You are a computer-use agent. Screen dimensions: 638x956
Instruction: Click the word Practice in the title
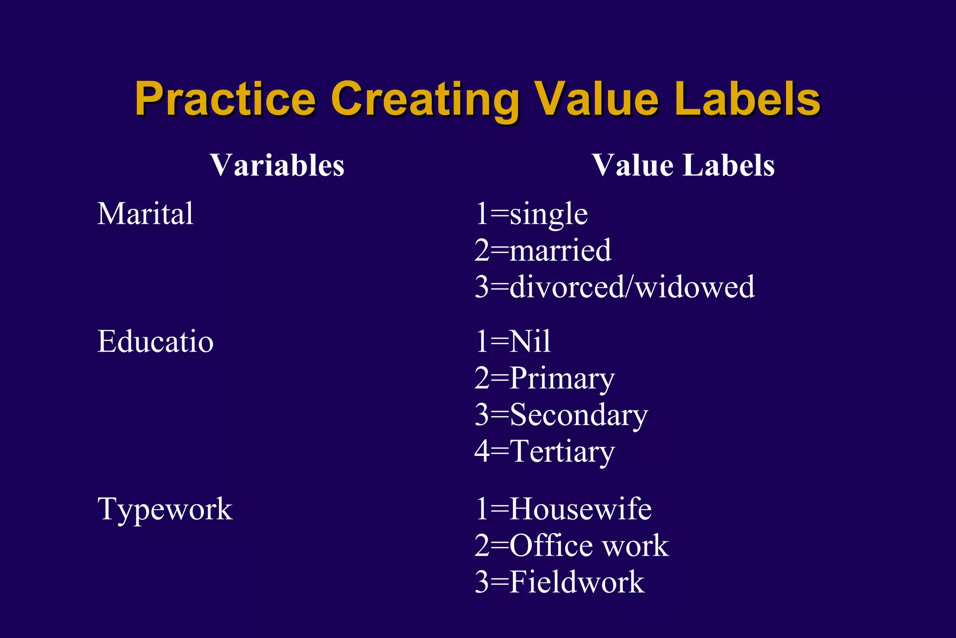[225, 99]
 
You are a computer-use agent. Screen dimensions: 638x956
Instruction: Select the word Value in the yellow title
[597, 99]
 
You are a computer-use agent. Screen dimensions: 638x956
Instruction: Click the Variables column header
[277, 165]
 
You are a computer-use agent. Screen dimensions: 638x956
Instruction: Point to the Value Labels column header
[683, 165]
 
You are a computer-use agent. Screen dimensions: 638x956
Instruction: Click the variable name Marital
[145, 214]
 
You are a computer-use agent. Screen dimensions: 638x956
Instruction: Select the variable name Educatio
[155, 341]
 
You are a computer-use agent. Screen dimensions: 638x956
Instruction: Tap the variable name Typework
[165, 509]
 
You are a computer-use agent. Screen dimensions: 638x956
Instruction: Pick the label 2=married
[543, 250]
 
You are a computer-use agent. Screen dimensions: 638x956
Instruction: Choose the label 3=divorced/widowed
[614, 287]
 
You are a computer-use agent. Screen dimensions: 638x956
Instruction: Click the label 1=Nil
[513, 341]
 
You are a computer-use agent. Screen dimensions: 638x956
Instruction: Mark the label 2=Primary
[544, 378]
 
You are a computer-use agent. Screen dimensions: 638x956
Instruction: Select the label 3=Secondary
[561, 415]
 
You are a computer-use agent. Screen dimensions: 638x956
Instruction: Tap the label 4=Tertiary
[544, 452]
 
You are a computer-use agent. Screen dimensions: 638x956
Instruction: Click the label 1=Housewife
[563, 509]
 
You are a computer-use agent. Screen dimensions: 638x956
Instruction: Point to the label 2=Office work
[571, 546]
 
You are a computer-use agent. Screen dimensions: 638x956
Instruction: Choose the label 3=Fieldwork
[559, 582]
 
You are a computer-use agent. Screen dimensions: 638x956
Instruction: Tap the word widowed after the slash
[695, 287]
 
